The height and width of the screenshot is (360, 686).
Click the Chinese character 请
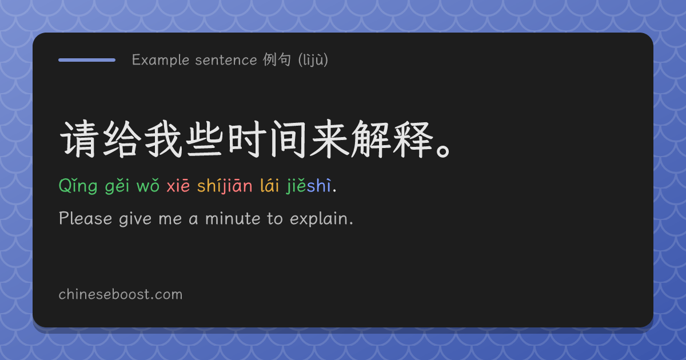click(79, 139)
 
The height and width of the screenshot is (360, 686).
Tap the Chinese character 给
click(121, 139)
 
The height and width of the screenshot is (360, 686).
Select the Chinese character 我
click(163, 139)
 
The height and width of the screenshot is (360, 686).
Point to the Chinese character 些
click(205, 139)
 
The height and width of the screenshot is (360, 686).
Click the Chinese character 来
click(329, 139)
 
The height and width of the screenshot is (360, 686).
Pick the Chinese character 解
click(371, 139)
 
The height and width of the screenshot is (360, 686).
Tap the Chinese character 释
click(413, 139)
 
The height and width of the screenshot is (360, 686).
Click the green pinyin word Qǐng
click(78, 186)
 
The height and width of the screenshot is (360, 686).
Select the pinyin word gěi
click(117, 186)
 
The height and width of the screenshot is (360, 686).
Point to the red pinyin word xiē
click(178, 186)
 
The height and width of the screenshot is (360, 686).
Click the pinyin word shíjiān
click(225, 186)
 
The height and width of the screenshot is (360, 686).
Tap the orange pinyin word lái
click(269, 185)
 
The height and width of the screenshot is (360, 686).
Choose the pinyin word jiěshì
click(309, 186)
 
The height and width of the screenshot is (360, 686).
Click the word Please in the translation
click(85, 218)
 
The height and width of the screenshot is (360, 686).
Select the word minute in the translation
click(233, 218)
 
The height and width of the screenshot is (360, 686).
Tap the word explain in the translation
click(319, 219)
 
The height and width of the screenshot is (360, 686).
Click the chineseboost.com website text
click(121, 294)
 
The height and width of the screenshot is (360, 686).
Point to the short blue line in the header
click(87, 60)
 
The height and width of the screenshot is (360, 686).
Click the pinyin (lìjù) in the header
click(313, 59)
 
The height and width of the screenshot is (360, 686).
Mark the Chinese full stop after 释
click(443, 151)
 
